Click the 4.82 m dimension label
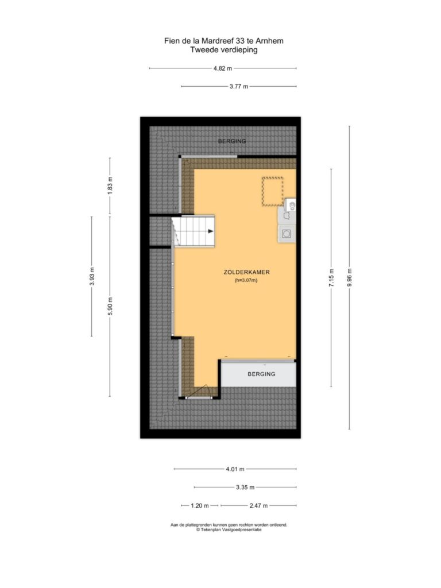point(223,68)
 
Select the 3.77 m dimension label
point(239,86)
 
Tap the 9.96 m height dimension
point(350,277)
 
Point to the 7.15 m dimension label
point(331,278)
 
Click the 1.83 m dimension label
point(110,185)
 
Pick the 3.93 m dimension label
point(92,276)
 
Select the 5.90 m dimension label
point(110,306)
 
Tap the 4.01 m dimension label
point(235,469)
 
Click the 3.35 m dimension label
point(245,487)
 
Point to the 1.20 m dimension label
point(200,505)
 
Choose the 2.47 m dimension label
point(259,505)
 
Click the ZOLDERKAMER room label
point(247,272)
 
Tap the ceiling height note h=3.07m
point(246,280)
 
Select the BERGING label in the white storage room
point(261,374)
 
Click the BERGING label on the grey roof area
point(232,141)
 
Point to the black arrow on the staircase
point(211,231)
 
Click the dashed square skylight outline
point(273,191)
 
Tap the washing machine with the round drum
point(287,234)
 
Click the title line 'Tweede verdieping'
point(224,49)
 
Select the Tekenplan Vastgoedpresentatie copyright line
point(229,530)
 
